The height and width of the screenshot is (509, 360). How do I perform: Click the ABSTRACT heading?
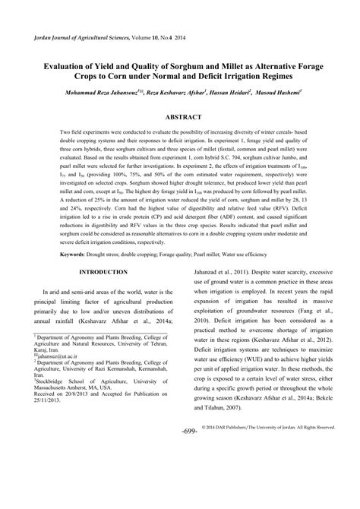pyautogui.click(x=180, y=119)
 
